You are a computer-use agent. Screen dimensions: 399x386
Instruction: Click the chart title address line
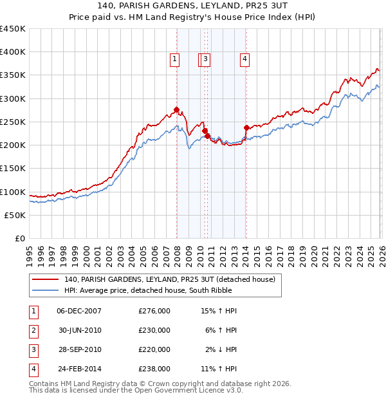193,6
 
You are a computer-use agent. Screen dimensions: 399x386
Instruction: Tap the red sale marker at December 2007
176,109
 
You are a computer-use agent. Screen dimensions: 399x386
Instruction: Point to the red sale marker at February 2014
247,127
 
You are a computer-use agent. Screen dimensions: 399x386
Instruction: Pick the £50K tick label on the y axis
15,215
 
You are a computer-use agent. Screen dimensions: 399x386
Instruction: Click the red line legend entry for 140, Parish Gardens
169,279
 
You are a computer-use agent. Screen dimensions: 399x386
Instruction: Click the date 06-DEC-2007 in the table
79,311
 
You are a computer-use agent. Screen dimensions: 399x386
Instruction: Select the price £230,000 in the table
154,330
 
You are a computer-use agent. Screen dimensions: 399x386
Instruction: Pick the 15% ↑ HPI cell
219,311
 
